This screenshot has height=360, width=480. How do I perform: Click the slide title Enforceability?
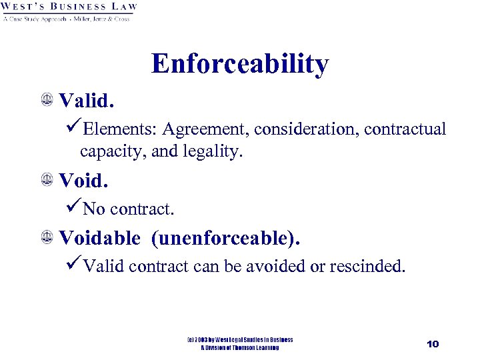240,64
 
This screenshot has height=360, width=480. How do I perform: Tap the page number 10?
433,343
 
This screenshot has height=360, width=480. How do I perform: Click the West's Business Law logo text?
69,7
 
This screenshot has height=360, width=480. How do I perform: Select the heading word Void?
83,180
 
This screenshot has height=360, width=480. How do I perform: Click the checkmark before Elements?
74,128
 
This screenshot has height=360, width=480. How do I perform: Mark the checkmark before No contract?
74,208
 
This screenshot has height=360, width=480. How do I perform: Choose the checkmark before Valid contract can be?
74,266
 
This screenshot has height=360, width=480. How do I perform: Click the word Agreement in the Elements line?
204,129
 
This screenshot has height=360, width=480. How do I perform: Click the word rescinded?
372,267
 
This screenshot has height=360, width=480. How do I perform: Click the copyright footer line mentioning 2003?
240,340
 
